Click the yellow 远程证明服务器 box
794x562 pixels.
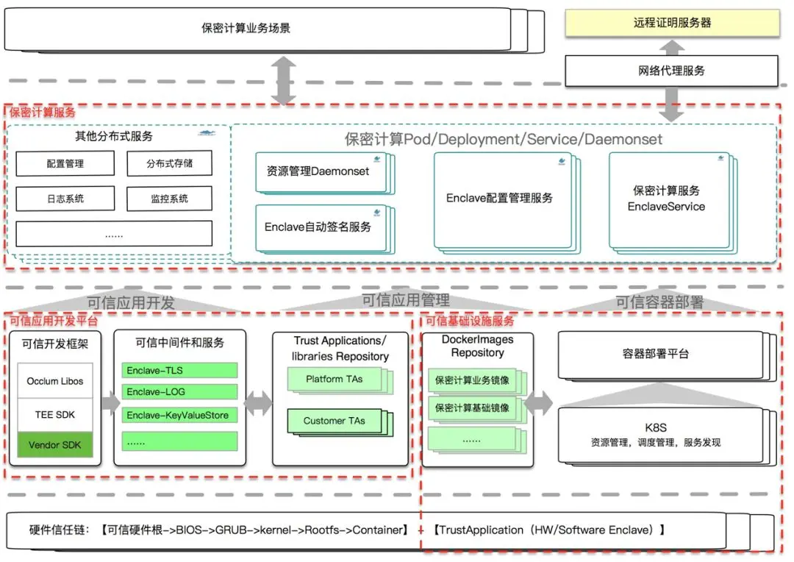point(672,23)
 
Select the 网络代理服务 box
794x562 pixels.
point(671,71)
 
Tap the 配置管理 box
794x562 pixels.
point(65,163)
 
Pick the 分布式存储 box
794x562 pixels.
point(169,163)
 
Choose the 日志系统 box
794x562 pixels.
point(65,199)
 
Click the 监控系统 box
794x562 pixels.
point(169,199)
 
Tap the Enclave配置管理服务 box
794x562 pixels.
point(499,199)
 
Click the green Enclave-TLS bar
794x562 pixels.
point(179,370)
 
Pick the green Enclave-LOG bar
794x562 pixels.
point(179,392)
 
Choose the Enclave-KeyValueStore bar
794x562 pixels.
point(179,416)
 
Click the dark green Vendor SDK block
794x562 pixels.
point(55,445)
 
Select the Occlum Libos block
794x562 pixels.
point(55,381)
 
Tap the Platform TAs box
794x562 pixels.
point(334,380)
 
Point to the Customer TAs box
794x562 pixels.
point(334,421)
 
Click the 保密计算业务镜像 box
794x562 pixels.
point(472,381)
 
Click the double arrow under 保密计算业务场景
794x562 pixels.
point(284,80)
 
